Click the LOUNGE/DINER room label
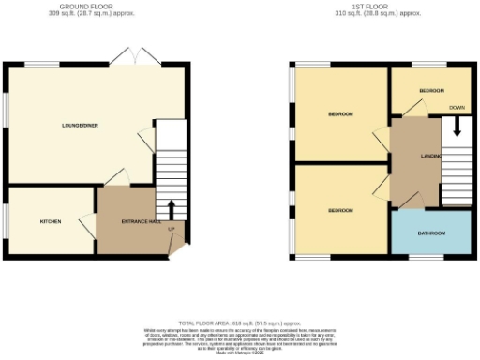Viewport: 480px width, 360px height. click(x=81, y=125)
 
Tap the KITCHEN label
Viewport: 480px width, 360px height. click(x=50, y=222)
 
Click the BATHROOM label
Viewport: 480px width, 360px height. click(x=431, y=232)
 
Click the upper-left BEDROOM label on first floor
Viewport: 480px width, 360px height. click(x=340, y=114)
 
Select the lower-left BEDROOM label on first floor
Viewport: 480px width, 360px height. click(x=340, y=210)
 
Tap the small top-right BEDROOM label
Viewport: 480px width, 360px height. click(x=431, y=90)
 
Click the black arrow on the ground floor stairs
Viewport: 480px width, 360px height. click(x=172, y=208)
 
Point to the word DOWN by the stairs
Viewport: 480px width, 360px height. click(x=457, y=108)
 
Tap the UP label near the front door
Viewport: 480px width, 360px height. click(x=171, y=230)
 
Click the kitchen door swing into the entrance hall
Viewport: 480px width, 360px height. click(x=88, y=223)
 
